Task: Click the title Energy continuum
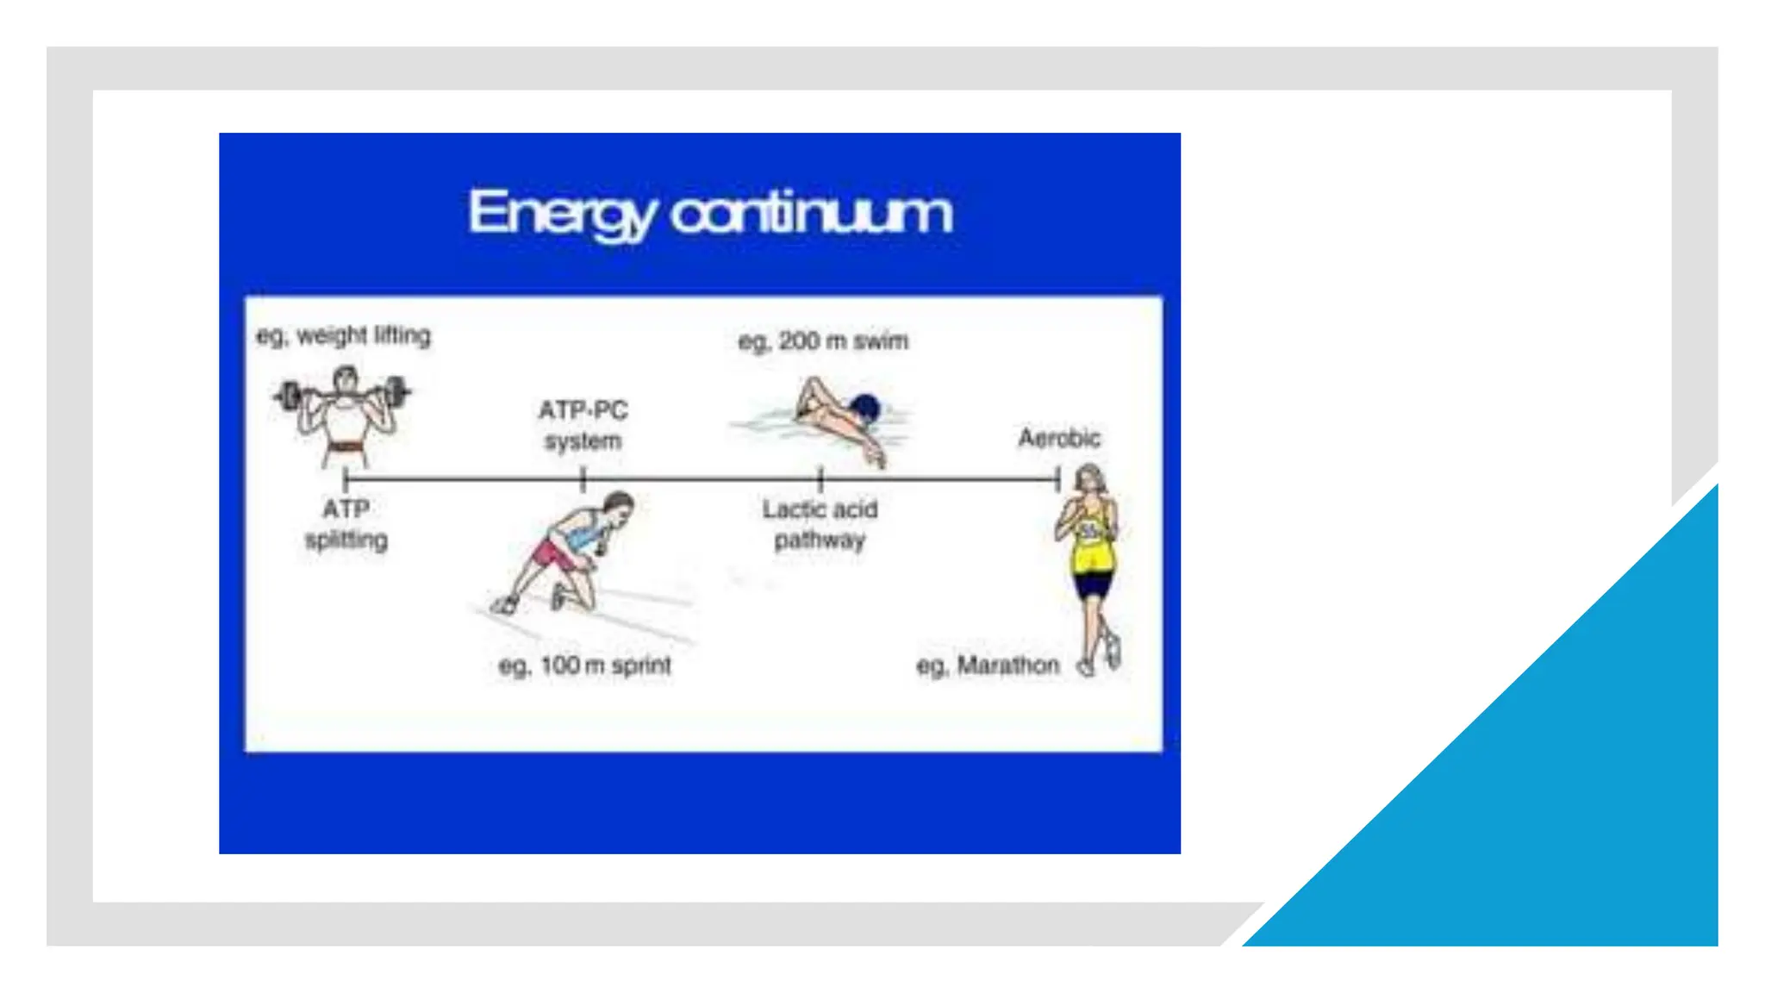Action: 710,213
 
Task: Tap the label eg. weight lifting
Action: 343,335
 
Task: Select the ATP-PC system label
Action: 583,425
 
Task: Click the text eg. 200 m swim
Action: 823,341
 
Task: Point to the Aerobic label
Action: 1059,438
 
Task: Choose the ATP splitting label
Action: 346,524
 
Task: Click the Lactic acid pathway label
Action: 820,524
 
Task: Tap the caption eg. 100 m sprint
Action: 584,665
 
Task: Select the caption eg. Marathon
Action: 988,665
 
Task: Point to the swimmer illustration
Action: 827,418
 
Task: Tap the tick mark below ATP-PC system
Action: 583,479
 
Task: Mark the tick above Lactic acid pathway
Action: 820,479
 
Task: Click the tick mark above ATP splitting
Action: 346,479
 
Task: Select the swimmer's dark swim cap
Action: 865,407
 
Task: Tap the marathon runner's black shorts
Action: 1093,585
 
